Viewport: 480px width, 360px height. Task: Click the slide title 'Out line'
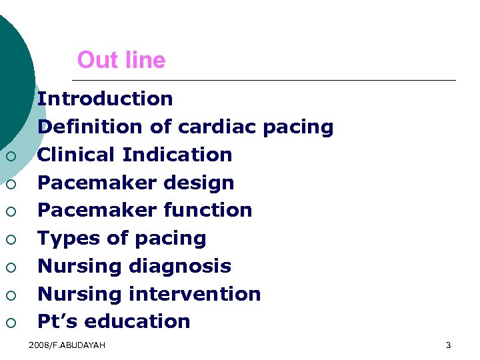(121, 61)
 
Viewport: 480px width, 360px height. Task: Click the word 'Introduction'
(105, 99)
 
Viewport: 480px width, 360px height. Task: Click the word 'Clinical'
(77, 155)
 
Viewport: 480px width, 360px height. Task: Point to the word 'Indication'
(177, 155)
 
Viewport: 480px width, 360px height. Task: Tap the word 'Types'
(65, 238)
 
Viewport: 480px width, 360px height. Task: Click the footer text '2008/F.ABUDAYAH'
(67, 345)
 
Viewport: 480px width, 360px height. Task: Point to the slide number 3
(448, 345)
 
